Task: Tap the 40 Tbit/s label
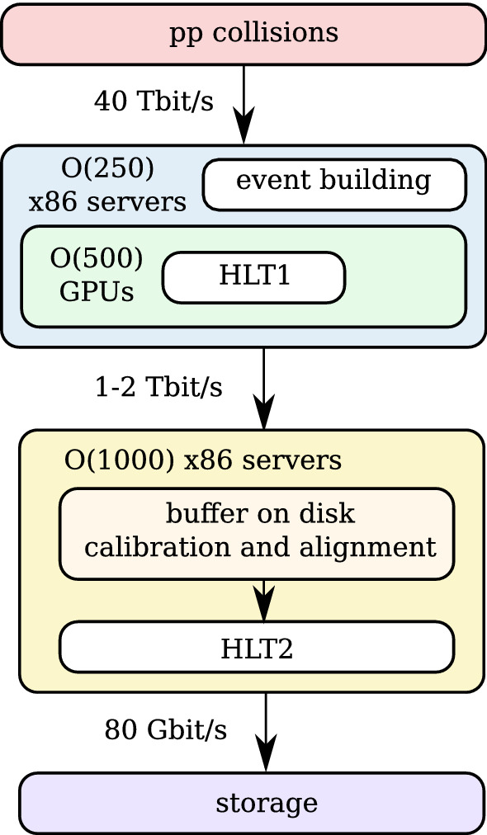coord(154,101)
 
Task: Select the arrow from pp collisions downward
coord(243,103)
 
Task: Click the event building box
coord(334,182)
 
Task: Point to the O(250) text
coord(107,168)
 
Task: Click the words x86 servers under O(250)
coord(107,202)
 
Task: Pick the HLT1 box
coord(253,277)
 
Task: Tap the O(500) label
coord(97,258)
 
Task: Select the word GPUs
coord(97,292)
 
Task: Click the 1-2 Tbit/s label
coord(158,388)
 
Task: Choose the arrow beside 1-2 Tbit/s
coord(264,388)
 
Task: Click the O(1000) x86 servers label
coord(203,460)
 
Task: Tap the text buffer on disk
coord(260,514)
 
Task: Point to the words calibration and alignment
coord(260,546)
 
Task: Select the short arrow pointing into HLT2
coord(264,601)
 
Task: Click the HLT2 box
coord(257,648)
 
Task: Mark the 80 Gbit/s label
coord(165,729)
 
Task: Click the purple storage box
coord(251,803)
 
